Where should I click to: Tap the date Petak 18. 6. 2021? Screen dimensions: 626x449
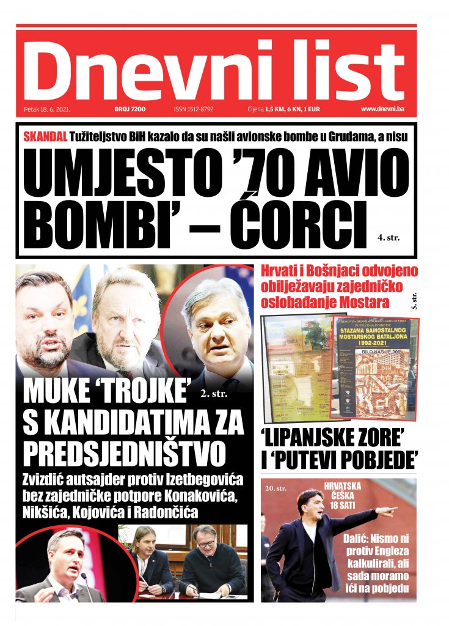click(x=48, y=109)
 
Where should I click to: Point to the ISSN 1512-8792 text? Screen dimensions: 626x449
click(x=194, y=109)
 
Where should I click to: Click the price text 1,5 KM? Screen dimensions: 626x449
click(x=275, y=109)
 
